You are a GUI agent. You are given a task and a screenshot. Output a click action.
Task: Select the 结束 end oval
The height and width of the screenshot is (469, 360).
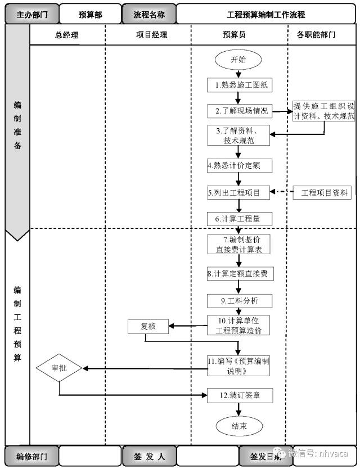click(238, 426)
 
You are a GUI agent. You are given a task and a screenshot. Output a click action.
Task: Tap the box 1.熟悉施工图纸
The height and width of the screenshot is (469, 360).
click(238, 85)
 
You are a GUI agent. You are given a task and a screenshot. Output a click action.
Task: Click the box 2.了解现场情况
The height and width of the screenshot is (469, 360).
click(238, 111)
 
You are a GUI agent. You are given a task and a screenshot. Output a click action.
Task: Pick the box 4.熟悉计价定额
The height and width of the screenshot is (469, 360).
click(238, 166)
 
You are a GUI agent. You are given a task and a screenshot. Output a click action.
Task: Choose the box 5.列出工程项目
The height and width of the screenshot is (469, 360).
click(238, 193)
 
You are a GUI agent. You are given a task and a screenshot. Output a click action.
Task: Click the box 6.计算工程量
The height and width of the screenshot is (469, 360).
click(238, 218)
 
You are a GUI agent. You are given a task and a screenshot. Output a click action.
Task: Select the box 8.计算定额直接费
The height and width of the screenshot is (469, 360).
click(238, 274)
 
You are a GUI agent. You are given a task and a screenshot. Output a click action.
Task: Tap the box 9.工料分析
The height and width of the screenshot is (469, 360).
click(238, 300)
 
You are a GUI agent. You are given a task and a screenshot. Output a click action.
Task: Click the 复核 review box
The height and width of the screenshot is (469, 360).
click(148, 326)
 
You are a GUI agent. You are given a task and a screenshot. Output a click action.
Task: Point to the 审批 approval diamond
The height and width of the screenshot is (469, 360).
click(60, 368)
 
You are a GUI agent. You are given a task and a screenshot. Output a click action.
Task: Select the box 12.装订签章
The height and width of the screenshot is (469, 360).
click(238, 395)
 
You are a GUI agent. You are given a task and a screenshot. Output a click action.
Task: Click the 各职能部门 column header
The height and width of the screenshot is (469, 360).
click(316, 34)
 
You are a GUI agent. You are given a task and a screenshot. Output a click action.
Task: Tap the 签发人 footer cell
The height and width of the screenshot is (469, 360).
click(148, 456)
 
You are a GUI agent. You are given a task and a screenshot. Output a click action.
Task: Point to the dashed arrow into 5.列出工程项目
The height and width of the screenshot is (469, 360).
click(282, 193)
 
